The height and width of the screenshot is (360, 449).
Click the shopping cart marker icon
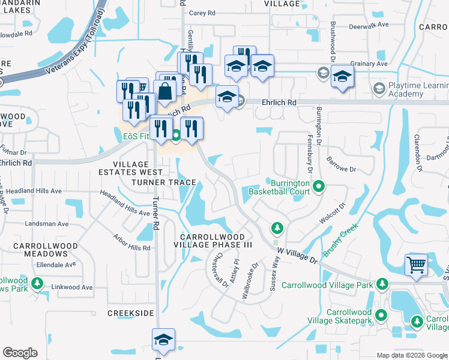click(x=416, y=264)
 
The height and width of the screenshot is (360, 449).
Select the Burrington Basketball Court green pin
click(x=319, y=187)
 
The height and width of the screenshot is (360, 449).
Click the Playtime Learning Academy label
click(x=414, y=90)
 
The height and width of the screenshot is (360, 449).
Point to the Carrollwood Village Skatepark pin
click(x=381, y=314)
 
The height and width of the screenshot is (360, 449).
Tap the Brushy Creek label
click(x=340, y=240)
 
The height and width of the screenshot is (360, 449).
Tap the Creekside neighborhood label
click(x=127, y=313)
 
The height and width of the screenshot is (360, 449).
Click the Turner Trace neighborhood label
click(x=164, y=182)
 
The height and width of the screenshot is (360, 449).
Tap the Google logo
click(x=20, y=353)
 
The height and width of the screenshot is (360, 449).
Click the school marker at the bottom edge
click(x=163, y=340)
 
